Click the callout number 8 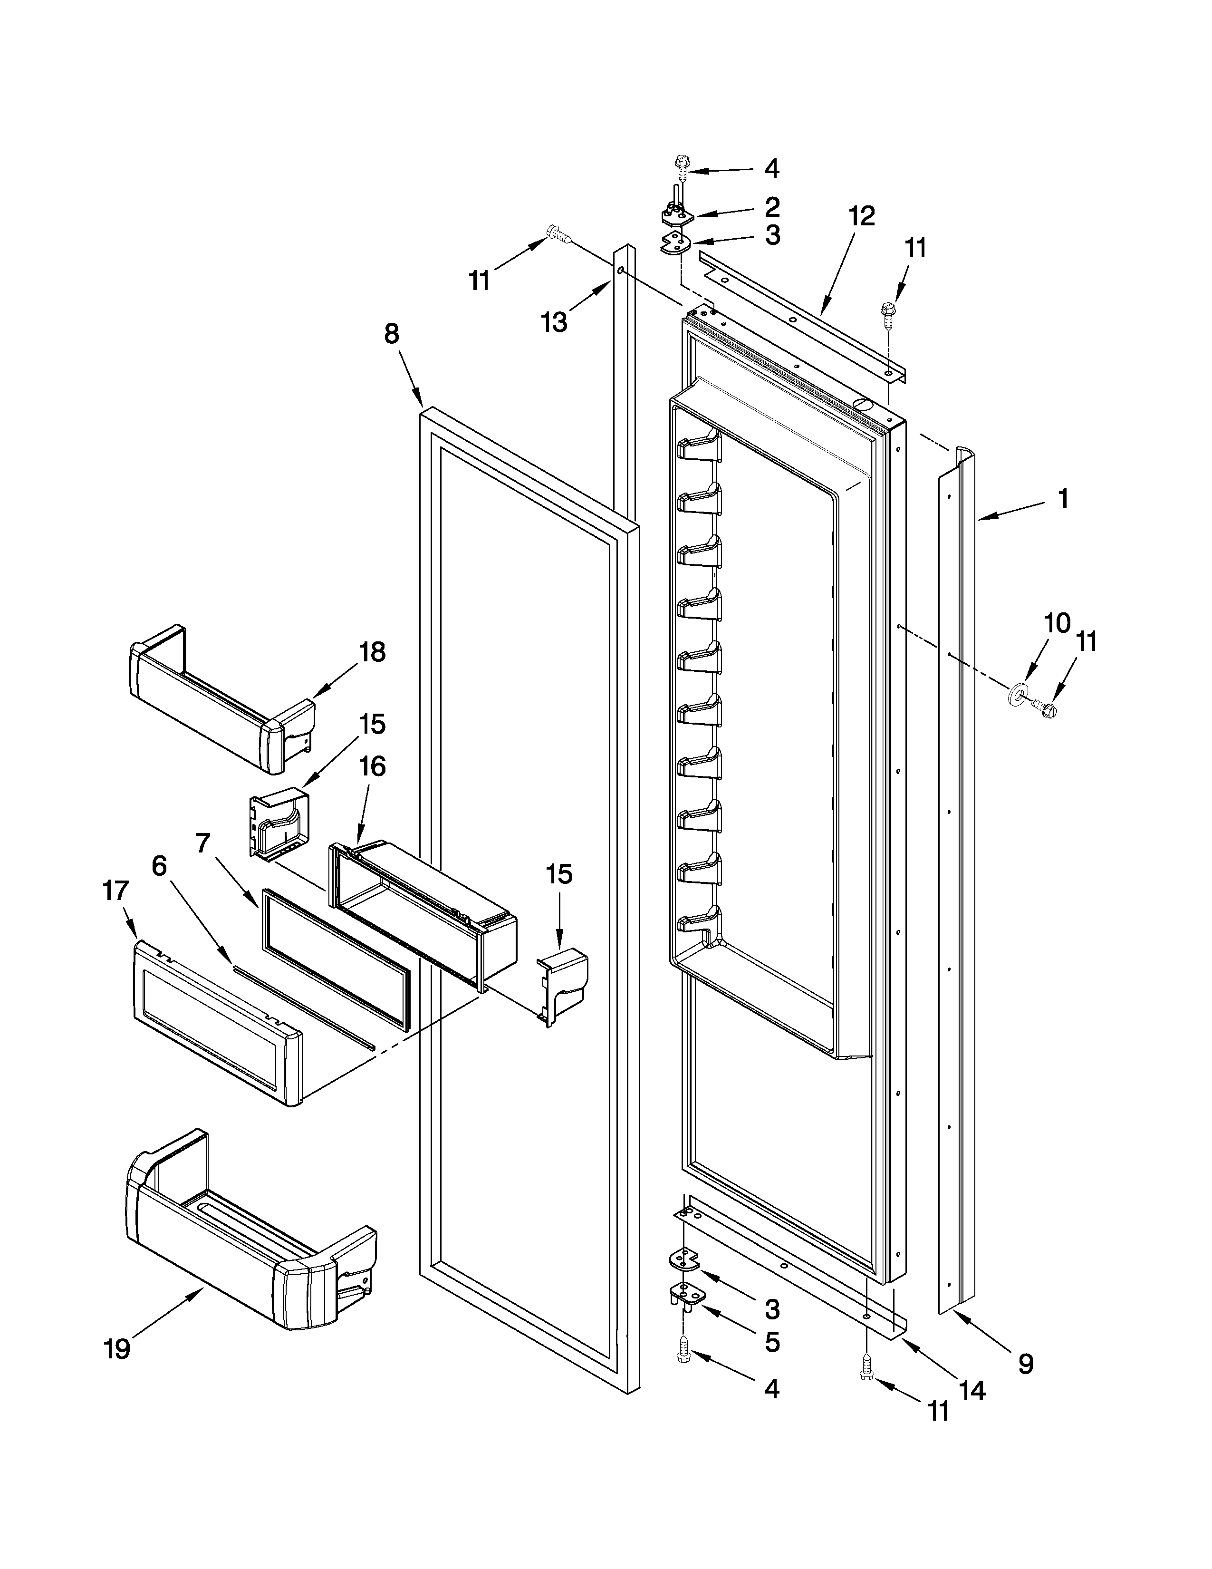tap(391, 334)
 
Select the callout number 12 tap(862, 215)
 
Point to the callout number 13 tap(554, 322)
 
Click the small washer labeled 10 tap(1018, 693)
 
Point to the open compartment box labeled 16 tap(423, 909)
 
